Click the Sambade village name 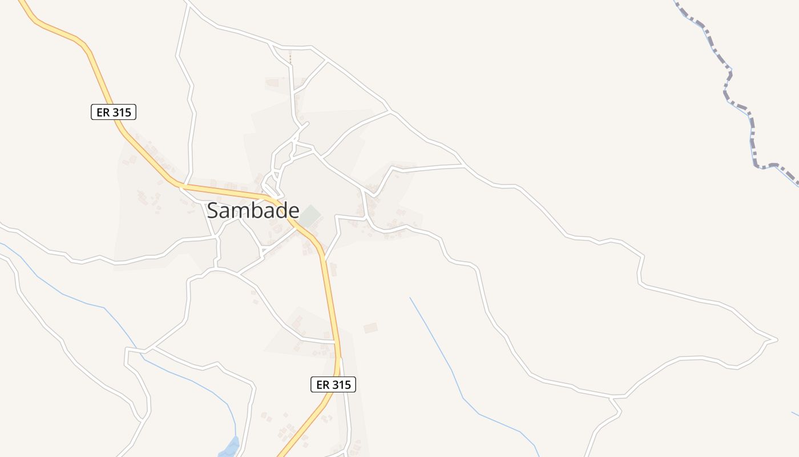(253, 211)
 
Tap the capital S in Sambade (212, 211)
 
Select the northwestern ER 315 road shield (114, 112)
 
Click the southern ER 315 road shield (333, 384)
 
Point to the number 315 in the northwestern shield (122, 112)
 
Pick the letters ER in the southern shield (322, 384)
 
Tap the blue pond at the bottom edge (229, 447)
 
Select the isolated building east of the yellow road (370, 328)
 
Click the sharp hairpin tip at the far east (776, 339)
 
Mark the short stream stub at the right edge (795, 413)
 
